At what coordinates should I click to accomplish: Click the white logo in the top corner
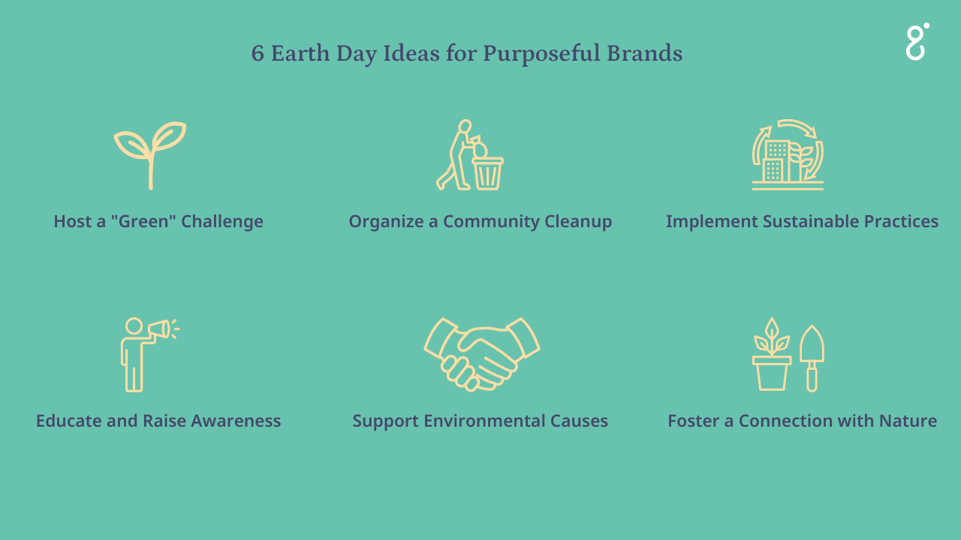(x=917, y=41)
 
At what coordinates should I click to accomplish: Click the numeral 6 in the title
(x=258, y=54)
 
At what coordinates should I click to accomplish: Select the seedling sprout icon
(x=150, y=154)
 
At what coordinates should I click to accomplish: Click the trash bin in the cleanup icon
(x=487, y=172)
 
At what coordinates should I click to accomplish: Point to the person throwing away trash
(x=456, y=154)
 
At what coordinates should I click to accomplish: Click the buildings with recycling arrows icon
(x=788, y=154)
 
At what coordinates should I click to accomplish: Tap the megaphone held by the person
(x=158, y=329)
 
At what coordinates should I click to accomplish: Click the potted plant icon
(x=772, y=355)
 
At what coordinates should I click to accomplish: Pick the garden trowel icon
(x=812, y=357)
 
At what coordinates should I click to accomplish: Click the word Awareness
(x=236, y=421)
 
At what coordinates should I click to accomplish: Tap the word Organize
(x=382, y=222)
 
